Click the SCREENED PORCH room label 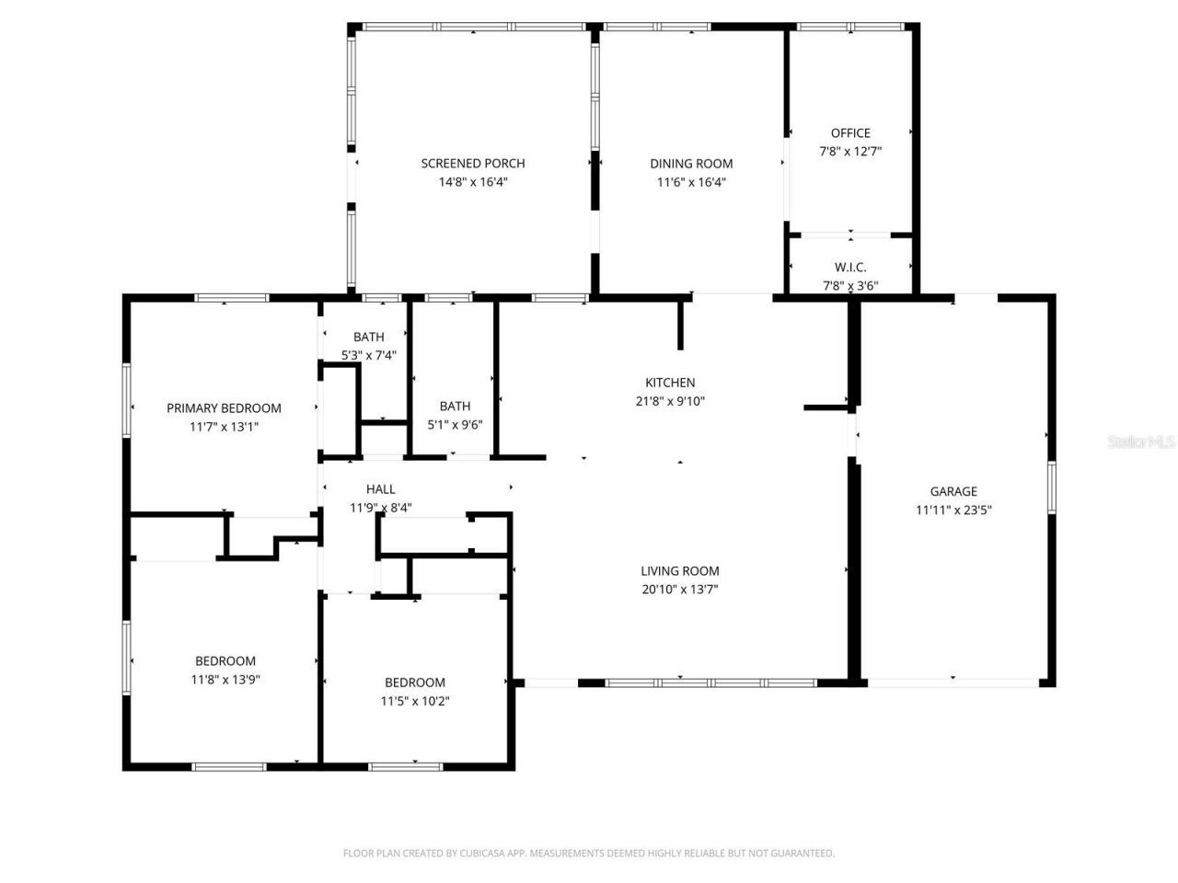(x=473, y=164)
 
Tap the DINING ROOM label (x=691, y=164)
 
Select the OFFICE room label (x=850, y=133)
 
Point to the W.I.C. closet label (x=850, y=268)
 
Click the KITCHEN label (x=670, y=383)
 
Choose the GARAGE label (x=953, y=492)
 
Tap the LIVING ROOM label (x=680, y=571)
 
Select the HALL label (x=381, y=489)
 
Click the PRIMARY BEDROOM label (x=224, y=408)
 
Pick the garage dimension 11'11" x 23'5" (x=953, y=510)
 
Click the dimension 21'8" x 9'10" (x=670, y=401)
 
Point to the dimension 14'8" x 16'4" (x=473, y=182)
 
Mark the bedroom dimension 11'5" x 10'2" (x=415, y=701)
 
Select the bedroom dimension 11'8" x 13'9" (x=225, y=680)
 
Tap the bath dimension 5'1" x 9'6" (x=455, y=425)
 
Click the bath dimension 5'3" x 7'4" (x=368, y=355)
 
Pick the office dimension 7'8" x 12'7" (x=850, y=152)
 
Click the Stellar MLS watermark (x=1141, y=442)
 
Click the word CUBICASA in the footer (x=484, y=854)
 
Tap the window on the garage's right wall (x=1051, y=487)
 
